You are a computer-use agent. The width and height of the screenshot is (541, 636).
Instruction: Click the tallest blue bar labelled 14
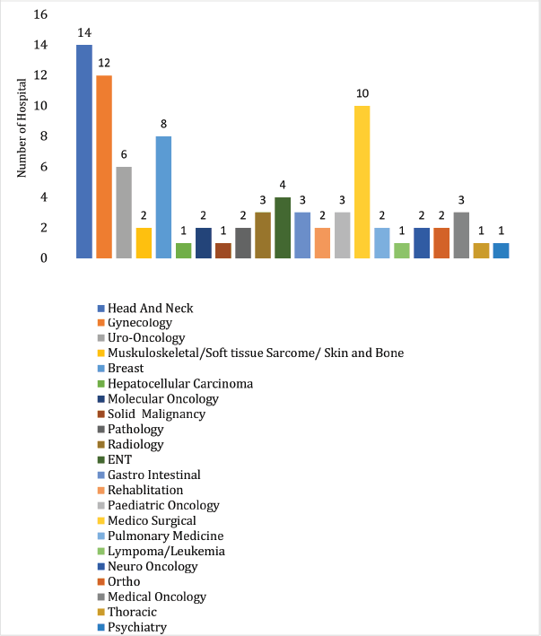(x=84, y=151)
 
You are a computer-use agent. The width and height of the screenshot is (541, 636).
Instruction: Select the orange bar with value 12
(x=104, y=166)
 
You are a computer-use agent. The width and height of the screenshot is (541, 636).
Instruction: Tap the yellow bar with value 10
(x=362, y=181)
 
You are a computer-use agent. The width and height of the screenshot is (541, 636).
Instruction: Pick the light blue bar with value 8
(x=163, y=196)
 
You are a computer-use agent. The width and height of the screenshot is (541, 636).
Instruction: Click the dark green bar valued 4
(x=283, y=227)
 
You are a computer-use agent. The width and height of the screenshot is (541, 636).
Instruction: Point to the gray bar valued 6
(x=124, y=212)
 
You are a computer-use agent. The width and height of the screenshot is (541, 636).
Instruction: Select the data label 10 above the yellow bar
(x=362, y=94)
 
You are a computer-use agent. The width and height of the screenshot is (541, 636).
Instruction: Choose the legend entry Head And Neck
(x=150, y=308)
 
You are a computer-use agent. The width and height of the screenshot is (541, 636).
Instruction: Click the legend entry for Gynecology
(x=140, y=323)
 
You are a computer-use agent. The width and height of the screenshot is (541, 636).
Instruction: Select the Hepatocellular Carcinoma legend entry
(x=179, y=383)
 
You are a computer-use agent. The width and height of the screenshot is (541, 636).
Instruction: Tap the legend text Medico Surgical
(x=152, y=520)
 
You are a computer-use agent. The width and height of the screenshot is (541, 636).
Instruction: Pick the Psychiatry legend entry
(x=136, y=627)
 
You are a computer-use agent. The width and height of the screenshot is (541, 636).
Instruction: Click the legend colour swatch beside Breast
(x=101, y=369)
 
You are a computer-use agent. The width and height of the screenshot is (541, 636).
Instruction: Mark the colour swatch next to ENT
(x=101, y=460)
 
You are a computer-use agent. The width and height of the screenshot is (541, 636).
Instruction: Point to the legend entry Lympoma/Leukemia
(x=166, y=551)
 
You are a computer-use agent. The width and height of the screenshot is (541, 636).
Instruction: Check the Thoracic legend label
(x=133, y=612)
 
